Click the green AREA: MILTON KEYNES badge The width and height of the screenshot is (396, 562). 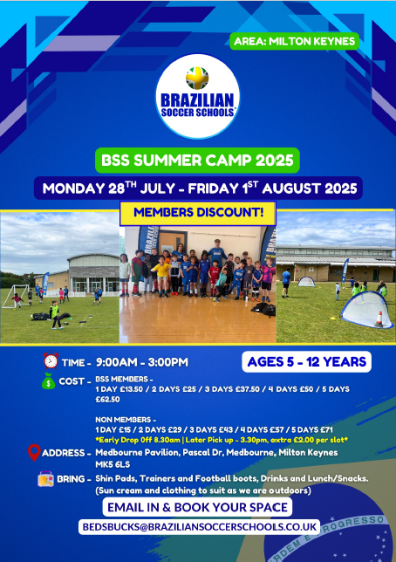(x=294, y=41)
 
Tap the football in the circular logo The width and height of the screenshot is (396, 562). (x=197, y=78)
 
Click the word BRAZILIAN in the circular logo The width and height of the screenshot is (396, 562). (x=197, y=100)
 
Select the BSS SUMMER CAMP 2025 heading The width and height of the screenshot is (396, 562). (x=197, y=161)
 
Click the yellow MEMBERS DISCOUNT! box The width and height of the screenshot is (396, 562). (x=198, y=213)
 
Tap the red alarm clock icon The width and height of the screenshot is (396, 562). (x=51, y=360)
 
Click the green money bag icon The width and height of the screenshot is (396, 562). (x=48, y=381)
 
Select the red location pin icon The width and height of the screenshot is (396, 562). (x=34, y=452)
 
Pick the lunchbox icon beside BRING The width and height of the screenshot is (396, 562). (x=46, y=478)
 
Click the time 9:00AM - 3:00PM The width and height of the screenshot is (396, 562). (x=142, y=362)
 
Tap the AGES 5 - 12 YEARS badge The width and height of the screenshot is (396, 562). (x=306, y=361)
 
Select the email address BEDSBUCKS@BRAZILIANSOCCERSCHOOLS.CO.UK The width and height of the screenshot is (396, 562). (x=199, y=527)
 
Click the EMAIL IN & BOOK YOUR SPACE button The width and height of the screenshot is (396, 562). (x=197, y=507)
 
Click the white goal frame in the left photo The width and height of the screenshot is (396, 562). (x=16, y=296)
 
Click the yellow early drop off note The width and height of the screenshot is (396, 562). (x=222, y=440)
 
